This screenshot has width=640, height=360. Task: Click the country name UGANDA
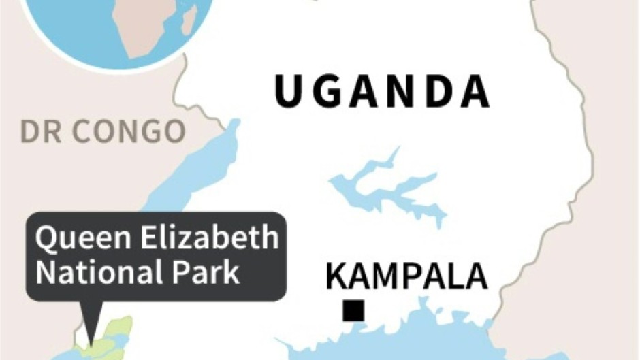pos(382,93)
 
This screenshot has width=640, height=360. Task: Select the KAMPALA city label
pos(406,277)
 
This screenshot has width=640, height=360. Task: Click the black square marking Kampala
pos(353,311)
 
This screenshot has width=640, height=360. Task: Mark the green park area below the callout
pos(109,340)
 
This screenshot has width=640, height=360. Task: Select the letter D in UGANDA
pos(432,93)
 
